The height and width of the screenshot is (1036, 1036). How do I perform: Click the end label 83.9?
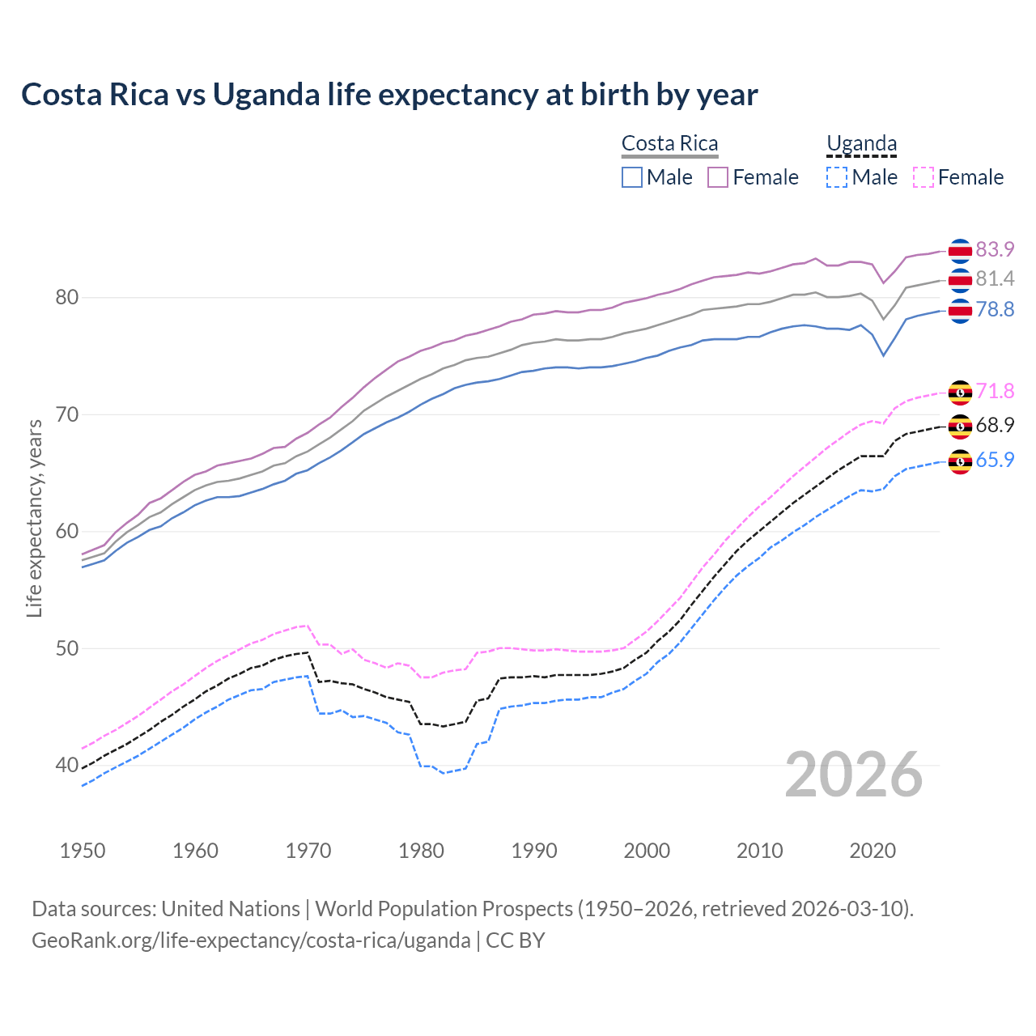point(994,249)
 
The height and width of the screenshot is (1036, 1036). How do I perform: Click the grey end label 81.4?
point(994,279)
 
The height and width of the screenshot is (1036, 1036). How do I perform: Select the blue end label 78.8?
point(994,310)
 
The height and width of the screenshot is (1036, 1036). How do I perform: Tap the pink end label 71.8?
point(994,392)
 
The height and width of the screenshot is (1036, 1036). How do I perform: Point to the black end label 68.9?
point(994,426)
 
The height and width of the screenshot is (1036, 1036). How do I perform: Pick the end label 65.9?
point(994,461)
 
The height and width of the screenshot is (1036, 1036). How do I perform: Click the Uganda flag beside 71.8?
point(960,393)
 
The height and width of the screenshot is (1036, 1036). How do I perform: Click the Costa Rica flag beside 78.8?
point(960,311)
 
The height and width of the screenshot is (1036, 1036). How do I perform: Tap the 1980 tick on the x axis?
point(422,851)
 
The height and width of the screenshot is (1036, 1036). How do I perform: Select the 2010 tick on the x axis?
point(760,851)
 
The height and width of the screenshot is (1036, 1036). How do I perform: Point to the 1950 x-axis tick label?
point(83,851)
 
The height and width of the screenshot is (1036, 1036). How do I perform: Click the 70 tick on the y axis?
point(66,415)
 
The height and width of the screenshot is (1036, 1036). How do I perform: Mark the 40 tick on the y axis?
point(66,766)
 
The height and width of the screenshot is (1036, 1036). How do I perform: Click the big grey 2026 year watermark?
point(853,775)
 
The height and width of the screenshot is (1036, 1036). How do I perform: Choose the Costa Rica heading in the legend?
point(669,144)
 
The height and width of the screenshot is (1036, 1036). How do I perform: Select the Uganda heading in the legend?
point(861,144)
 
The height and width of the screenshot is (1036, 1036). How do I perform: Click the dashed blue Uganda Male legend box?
point(837,177)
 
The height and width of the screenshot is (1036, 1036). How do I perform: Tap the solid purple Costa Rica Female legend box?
point(718,177)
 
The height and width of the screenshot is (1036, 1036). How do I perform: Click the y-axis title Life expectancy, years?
point(35,518)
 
